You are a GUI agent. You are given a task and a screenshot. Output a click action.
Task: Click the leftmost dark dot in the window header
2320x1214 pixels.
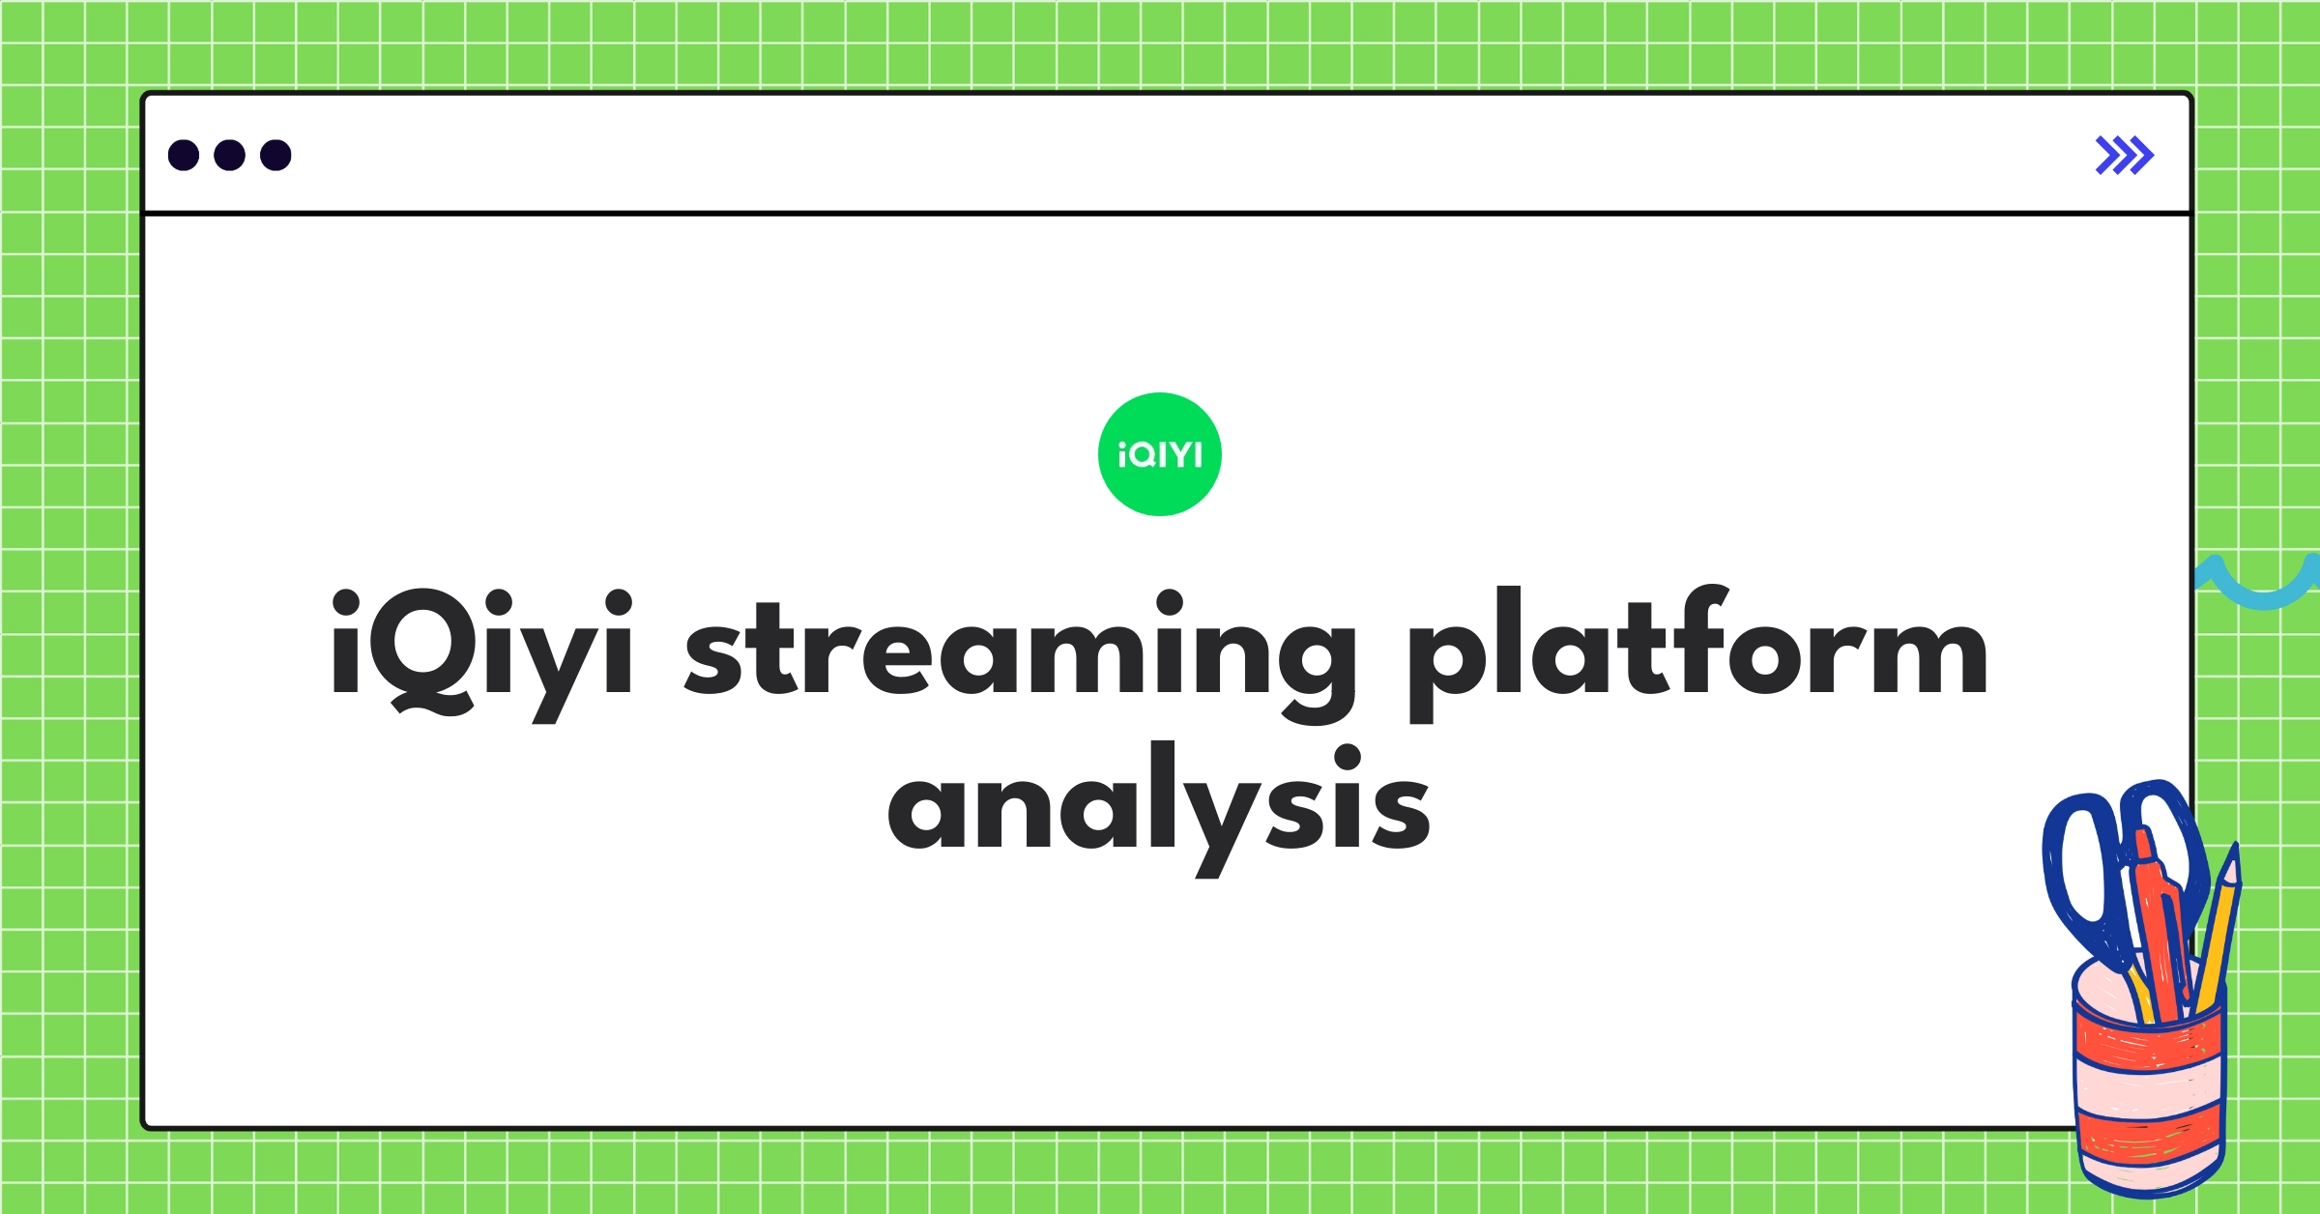[x=184, y=155]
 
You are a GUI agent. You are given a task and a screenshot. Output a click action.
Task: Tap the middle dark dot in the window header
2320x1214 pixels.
[x=229, y=155]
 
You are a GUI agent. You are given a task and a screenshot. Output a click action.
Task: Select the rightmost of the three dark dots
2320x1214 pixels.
[x=275, y=155]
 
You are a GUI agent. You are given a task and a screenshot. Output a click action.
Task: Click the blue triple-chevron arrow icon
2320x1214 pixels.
[x=2124, y=155]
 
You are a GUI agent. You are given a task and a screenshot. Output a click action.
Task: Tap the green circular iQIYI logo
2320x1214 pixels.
[x=1159, y=453]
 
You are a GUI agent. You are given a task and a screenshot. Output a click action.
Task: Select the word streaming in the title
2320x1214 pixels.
[x=1020, y=650]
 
